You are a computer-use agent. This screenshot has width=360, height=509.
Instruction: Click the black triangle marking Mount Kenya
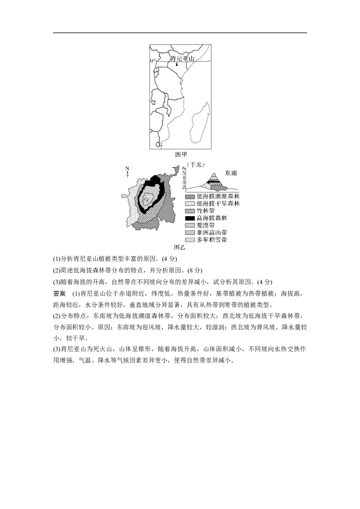click(177, 64)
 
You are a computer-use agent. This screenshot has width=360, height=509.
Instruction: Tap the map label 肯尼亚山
click(182, 58)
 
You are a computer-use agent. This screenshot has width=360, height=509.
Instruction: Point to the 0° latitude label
click(153, 61)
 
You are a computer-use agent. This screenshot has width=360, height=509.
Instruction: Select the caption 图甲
click(180, 155)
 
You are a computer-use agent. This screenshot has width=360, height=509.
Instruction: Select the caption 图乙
click(180, 247)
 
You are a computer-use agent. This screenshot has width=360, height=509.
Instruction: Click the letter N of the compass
click(127, 168)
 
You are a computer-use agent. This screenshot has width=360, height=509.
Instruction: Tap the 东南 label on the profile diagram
click(231, 173)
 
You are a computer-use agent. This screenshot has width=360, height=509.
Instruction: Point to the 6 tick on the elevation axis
click(184, 168)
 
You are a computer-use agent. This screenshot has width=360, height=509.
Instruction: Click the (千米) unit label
click(196, 165)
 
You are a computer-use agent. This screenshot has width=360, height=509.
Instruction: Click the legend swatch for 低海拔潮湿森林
click(190, 196)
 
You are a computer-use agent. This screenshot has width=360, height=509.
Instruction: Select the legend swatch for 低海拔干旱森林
click(190, 204)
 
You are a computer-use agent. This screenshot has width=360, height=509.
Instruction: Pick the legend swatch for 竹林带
click(190, 211)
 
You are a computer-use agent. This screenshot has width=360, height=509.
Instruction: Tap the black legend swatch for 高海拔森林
click(190, 218)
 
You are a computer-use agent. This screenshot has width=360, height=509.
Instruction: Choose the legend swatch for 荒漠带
click(190, 225)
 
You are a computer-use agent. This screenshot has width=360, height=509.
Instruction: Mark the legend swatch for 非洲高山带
click(190, 232)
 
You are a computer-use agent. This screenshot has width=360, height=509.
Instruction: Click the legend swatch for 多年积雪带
click(190, 240)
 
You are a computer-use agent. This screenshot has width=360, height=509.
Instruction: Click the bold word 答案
click(59, 294)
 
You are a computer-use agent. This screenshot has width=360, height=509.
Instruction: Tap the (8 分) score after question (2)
click(195, 270)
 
